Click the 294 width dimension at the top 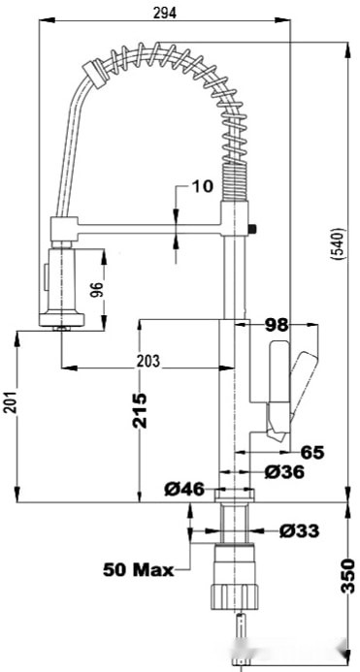[x=165, y=14]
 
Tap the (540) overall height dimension [x=338, y=243]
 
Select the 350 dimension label [x=348, y=575]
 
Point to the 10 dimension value [x=202, y=186]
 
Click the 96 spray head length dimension [x=96, y=291]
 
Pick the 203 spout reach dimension [x=148, y=361]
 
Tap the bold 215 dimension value [x=140, y=410]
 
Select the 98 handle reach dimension [x=277, y=325]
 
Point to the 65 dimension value [x=311, y=452]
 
